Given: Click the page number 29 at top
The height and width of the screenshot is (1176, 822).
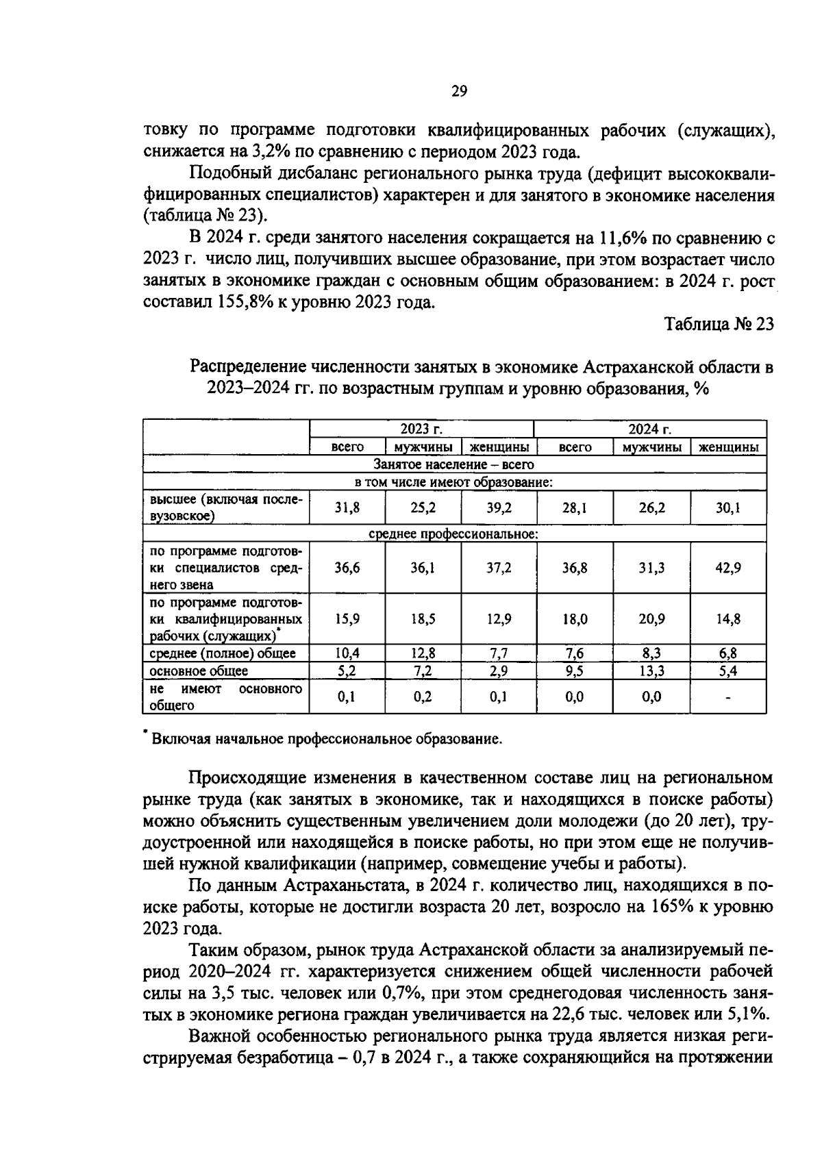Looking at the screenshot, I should click(459, 92).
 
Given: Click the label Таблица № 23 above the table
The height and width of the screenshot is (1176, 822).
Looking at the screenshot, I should click(719, 324).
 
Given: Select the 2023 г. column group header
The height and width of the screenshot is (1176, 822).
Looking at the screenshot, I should click(421, 429).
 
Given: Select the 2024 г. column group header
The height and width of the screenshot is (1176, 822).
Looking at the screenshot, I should click(649, 429).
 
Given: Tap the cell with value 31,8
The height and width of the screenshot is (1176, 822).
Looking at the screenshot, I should click(347, 508).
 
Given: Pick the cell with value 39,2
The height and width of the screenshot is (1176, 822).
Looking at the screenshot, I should click(499, 508).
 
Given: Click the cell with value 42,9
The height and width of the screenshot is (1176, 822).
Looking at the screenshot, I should click(727, 568).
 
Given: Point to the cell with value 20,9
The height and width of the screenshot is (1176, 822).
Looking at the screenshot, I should click(651, 619).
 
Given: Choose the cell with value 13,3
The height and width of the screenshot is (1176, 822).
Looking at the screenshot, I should click(651, 671).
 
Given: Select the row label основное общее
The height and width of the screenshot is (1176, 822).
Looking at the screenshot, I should click(199, 671).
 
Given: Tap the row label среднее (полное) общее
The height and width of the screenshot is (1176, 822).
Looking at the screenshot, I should click(223, 654).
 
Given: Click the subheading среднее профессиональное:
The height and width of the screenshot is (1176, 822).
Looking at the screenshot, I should click(453, 534).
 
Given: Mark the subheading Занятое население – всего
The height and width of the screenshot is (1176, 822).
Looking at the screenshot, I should click(453, 465).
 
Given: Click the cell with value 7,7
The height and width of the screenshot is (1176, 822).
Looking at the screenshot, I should click(499, 654).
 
